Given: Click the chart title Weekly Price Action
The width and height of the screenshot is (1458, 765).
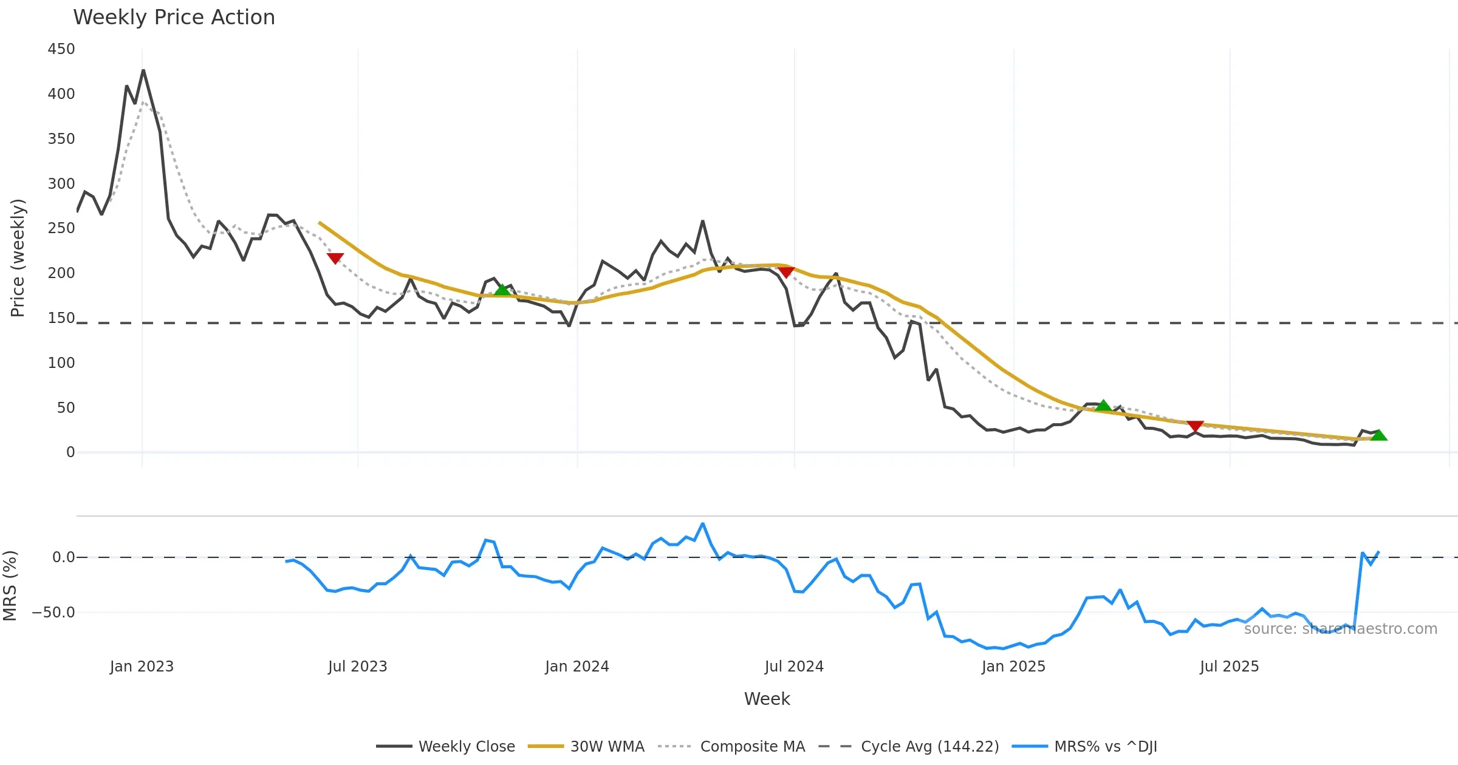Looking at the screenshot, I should point(174,17).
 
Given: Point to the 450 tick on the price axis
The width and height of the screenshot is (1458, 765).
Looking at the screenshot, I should point(61,49).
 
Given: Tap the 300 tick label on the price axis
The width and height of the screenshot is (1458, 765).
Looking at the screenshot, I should point(61,183).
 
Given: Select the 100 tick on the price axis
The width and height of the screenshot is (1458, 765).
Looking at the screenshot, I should point(61,362).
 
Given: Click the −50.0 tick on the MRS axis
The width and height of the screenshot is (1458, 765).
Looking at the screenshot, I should point(53,612).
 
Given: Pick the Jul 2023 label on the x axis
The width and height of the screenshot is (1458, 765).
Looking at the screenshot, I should point(357,666).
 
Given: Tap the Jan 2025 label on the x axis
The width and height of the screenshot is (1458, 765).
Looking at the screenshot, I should point(1013,666).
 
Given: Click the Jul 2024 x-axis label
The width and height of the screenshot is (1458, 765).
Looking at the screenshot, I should point(794,666).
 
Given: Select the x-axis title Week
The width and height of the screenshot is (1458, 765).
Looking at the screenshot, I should point(767,699).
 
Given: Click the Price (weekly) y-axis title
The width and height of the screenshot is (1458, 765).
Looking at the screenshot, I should point(18,258).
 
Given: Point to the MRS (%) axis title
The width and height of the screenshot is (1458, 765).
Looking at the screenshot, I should point(10,586).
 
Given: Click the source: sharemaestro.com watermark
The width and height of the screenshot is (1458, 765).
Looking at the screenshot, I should point(1340,629).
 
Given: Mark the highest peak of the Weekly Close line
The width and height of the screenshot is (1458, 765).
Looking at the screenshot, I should point(143,70).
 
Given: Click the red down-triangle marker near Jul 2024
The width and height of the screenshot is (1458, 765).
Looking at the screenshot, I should point(786,272).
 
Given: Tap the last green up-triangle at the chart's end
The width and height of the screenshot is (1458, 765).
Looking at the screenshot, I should point(1379,435).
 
